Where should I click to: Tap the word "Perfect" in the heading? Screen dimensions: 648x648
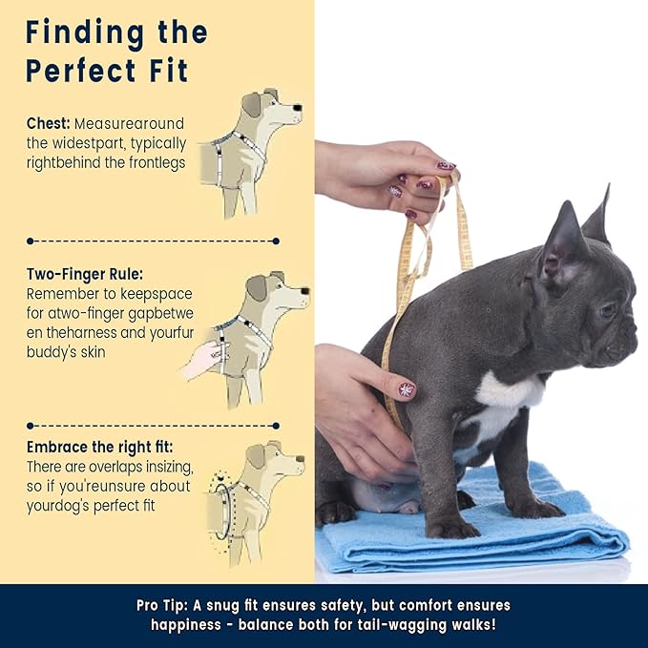click(x=81, y=71)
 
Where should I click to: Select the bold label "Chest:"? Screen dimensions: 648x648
click(x=49, y=123)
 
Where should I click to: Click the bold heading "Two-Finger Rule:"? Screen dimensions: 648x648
click(x=85, y=274)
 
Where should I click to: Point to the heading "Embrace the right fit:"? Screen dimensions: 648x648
click(x=99, y=447)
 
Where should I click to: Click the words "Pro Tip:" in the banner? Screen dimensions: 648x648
click(x=163, y=605)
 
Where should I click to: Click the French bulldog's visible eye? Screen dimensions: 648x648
click(x=608, y=309)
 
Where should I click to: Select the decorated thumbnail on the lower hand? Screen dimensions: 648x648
click(x=406, y=390)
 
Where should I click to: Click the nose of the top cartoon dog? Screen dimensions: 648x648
click(x=297, y=108)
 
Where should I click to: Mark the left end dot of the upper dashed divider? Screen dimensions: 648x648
click(x=30, y=240)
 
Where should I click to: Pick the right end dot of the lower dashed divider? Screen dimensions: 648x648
click(x=276, y=426)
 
